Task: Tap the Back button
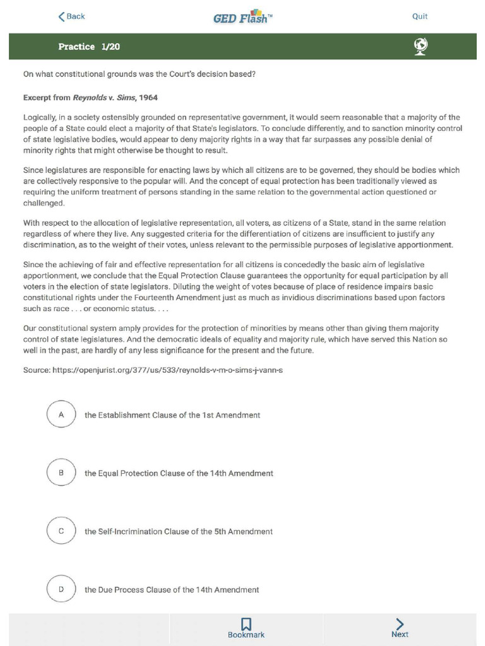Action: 71,16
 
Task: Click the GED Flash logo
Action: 243,16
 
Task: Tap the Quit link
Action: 420,16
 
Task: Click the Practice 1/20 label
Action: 89,47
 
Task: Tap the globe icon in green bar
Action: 421,46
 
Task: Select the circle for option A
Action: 61,414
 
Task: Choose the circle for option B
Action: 61,473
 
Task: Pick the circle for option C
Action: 61,531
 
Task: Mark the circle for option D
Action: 61,589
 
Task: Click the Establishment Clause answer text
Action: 172,415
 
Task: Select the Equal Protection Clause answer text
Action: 179,473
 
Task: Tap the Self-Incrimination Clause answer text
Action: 179,532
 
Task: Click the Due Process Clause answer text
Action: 172,590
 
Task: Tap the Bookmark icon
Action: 246,625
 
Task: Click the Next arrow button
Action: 400,625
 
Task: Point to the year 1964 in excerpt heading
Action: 148,98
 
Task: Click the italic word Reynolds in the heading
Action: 89,98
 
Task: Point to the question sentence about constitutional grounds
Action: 139,74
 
